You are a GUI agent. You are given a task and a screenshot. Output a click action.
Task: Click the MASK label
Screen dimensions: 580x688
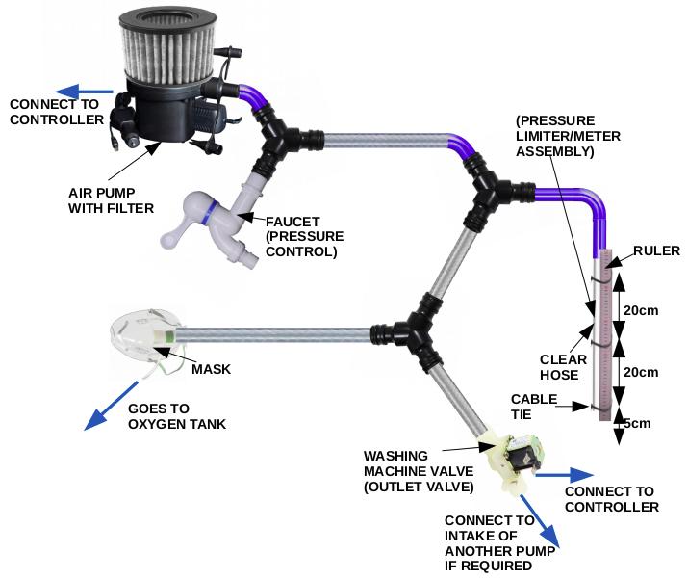point(210,368)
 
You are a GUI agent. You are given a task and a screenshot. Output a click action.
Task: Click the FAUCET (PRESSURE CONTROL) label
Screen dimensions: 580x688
point(301,235)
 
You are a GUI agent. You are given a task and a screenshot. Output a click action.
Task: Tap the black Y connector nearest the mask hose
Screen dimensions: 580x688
point(418,330)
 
